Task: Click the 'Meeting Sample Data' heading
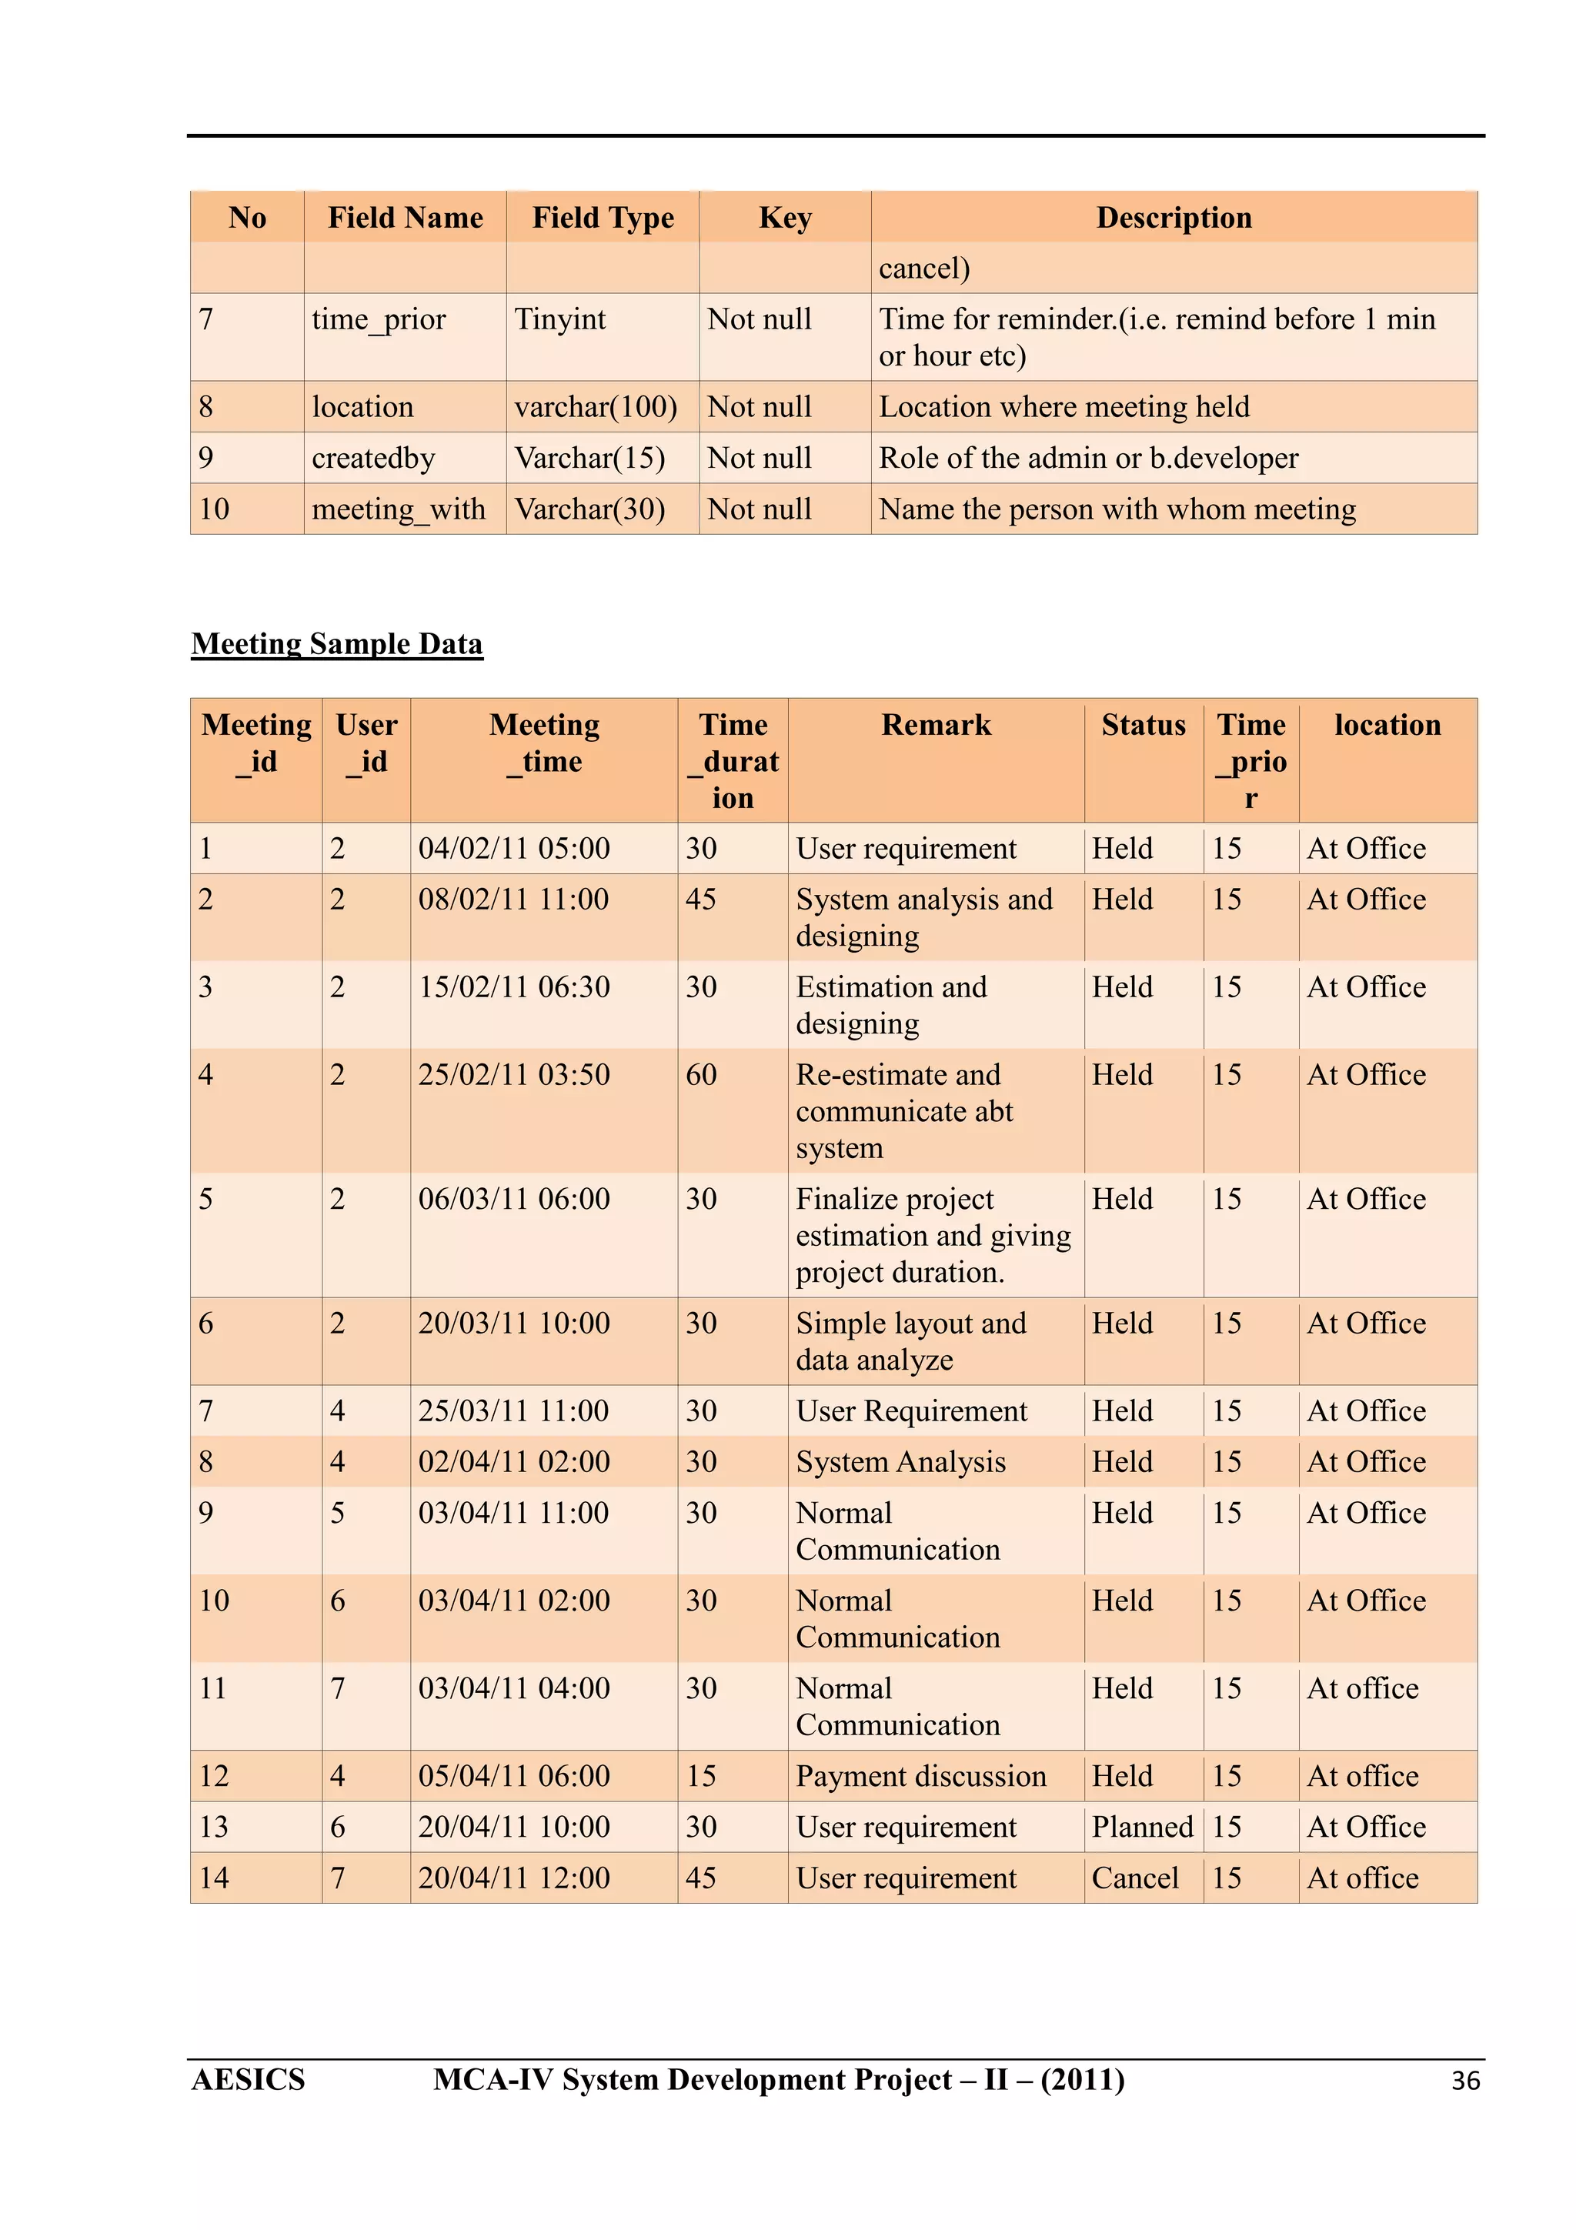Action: coord(336,644)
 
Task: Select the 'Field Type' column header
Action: coord(602,218)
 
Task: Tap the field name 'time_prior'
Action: coord(379,319)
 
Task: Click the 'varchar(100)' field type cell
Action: coord(596,407)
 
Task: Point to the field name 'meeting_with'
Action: coord(398,509)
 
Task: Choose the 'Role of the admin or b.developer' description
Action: coord(1087,459)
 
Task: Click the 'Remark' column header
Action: coord(936,726)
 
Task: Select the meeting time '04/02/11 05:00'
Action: coord(514,849)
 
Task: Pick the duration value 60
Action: coord(701,1075)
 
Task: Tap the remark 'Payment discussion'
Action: coord(920,1777)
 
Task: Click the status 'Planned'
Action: coord(1142,1827)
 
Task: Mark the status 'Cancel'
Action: coord(1135,1878)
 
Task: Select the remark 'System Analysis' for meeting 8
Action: coord(900,1463)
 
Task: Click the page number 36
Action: coord(1464,2081)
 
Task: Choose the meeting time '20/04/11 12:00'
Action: coord(514,1878)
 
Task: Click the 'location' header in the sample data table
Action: coord(1387,726)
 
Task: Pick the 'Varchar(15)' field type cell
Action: coord(589,459)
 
